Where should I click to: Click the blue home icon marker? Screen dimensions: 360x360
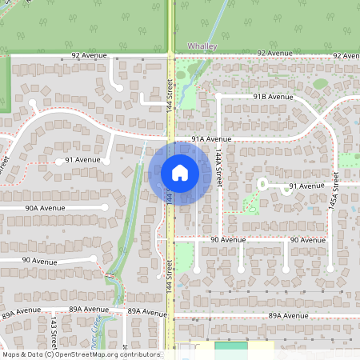point(180,172)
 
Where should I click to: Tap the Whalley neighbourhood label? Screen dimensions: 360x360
point(201,47)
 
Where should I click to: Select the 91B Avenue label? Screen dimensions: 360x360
point(274,96)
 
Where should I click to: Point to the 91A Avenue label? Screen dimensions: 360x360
point(211,138)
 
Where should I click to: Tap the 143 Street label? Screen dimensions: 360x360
point(53,328)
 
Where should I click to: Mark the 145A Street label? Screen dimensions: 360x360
point(337,194)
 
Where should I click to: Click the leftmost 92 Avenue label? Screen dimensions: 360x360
point(88,55)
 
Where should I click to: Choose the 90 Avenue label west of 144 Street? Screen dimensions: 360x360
point(38,260)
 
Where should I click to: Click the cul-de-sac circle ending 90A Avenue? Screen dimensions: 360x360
point(105,206)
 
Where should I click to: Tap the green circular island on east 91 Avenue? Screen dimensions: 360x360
point(262,184)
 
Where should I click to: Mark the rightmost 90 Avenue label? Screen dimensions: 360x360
point(308,240)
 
